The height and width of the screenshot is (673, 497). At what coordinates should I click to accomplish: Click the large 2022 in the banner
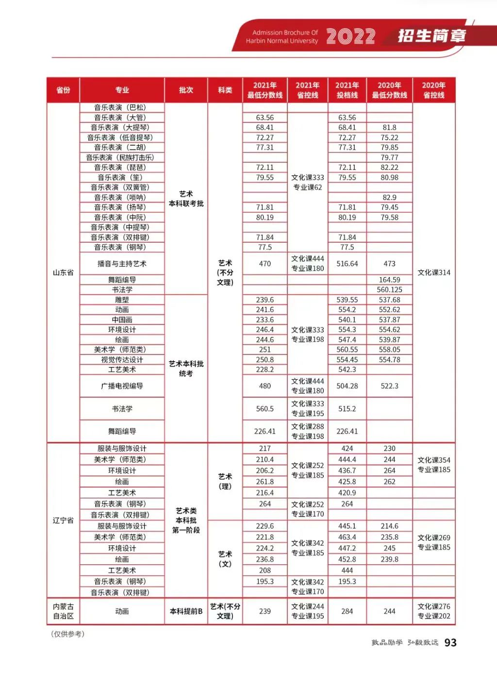pyautogui.click(x=350, y=36)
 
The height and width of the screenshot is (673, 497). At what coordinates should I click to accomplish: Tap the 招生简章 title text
pyautogui.click(x=431, y=36)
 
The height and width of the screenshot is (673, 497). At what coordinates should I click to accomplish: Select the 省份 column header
pyautogui.click(x=63, y=90)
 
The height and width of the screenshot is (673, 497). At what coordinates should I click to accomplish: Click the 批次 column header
pyautogui.click(x=186, y=90)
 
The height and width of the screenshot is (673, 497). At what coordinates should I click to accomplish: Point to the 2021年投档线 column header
pyautogui.click(x=347, y=90)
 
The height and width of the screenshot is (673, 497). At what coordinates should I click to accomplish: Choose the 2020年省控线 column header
pyautogui.click(x=433, y=90)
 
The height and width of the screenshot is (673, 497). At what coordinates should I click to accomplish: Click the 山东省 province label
pyautogui.click(x=63, y=272)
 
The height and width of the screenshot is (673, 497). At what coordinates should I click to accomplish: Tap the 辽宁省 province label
pyautogui.click(x=63, y=520)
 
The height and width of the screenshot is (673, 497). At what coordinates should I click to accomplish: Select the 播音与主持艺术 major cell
pyautogui.click(x=122, y=264)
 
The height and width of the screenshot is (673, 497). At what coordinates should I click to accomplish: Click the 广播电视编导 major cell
pyautogui.click(x=122, y=386)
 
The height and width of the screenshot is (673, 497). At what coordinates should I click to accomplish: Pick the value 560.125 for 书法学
pyautogui.click(x=389, y=289)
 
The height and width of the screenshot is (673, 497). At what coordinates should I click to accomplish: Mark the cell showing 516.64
pyautogui.click(x=347, y=264)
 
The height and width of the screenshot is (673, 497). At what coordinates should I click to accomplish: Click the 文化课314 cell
pyautogui.click(x=433, y=272)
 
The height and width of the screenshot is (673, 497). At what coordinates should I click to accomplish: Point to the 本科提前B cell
pyautogui.click(x=186, y=611)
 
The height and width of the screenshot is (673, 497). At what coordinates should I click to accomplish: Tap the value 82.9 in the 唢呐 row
pyautogui.click(x=389, y=197)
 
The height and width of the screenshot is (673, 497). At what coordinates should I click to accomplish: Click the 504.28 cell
pyautogui.click(x=347, y=386)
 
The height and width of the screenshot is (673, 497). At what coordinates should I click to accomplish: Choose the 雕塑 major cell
pyautogui.click(x=122, y=300)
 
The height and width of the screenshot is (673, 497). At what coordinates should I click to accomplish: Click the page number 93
pyautogui.click(x=450, y=642)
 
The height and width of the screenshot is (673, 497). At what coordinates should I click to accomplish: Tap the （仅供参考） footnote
pyautogui.click(x=67, y=634)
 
